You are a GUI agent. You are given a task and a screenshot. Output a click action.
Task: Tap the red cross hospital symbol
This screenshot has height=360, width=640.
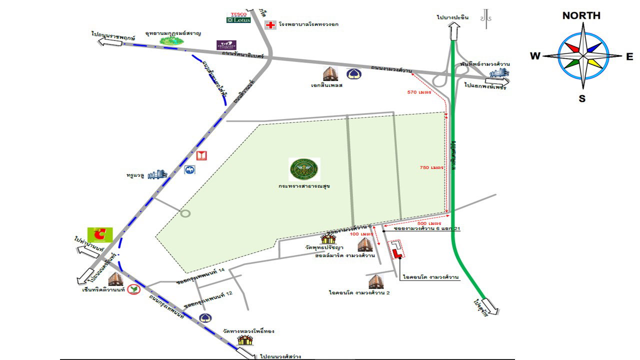click(x=270, y=25)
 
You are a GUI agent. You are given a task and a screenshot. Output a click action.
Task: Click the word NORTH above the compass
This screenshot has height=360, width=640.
click(x=581, y=15)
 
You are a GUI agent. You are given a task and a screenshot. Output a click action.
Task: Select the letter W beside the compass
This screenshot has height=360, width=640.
click(x=535, y=56)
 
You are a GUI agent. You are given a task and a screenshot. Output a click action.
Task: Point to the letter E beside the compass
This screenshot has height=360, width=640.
click(x=629, y=56)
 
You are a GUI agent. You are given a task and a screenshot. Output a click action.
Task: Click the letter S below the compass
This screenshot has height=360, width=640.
click(x=582, y=98)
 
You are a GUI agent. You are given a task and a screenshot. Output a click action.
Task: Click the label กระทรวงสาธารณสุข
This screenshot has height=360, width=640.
click(x=304, y=185)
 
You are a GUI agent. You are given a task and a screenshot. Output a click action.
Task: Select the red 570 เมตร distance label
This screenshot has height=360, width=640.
click(x=419, y=92)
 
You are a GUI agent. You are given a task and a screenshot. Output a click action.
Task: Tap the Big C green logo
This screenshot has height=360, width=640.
click(x=100, y=234)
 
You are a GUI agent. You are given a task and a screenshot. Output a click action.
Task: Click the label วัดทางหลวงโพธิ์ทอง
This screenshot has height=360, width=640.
click(x=249, y=331)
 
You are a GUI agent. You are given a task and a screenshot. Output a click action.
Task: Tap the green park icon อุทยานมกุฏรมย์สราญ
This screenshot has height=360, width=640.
click(x=171, y=42)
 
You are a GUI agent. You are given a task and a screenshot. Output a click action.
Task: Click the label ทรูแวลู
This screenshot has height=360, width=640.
click(x=134, y=175)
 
